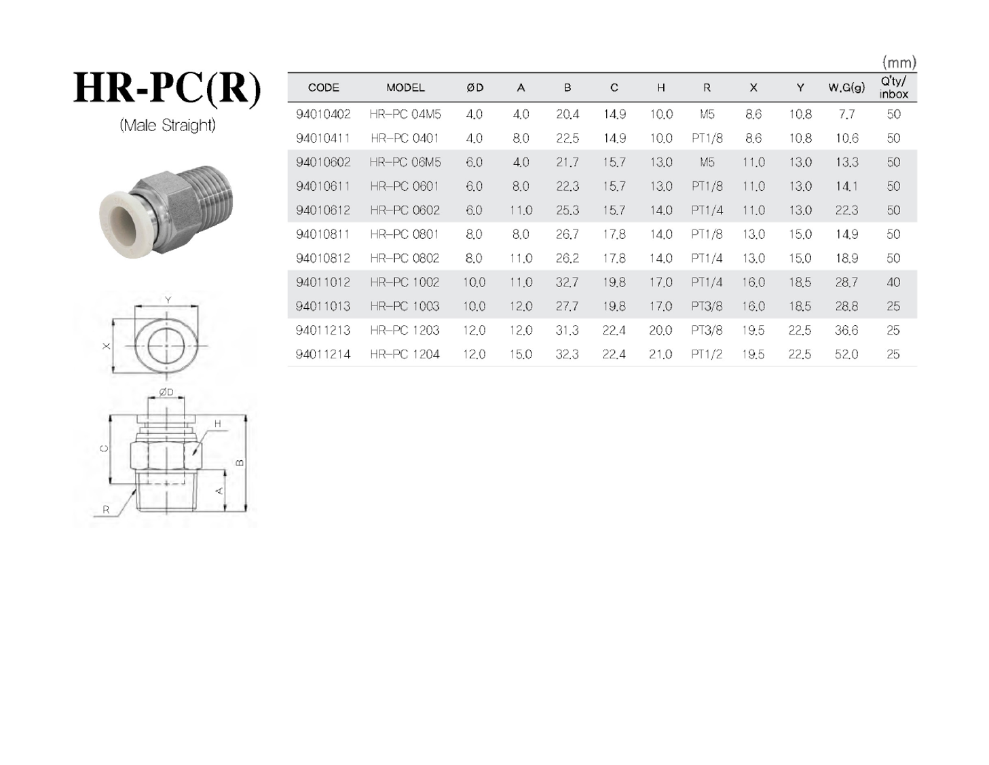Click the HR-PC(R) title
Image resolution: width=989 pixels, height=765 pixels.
pos(167,88)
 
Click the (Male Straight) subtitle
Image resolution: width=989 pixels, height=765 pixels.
pos(168,125)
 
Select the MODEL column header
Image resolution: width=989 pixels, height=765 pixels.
pos(405,88)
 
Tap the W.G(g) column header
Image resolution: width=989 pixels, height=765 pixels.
pos(846,88)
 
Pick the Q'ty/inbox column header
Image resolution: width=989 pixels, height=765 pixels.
pos(893,88)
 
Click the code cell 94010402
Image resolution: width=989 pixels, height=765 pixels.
pos(323,114)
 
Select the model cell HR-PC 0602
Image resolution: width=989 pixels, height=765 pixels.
pos(405,210)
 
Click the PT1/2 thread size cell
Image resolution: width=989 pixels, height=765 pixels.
pos(707,354)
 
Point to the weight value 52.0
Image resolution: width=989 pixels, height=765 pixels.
pos(846,354)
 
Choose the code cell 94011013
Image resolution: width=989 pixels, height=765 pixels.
pos(323,306)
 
